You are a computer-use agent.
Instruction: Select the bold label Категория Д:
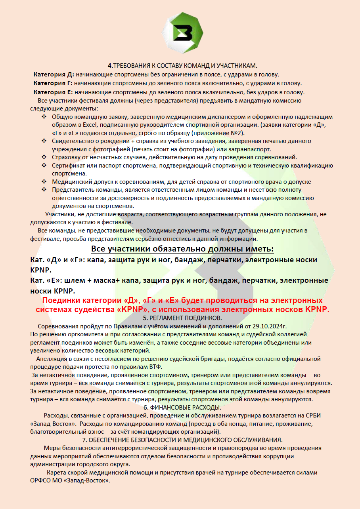click(54, 74)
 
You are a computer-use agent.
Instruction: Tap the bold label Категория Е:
click(53, 92)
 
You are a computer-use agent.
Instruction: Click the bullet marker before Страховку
click(44, 157)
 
